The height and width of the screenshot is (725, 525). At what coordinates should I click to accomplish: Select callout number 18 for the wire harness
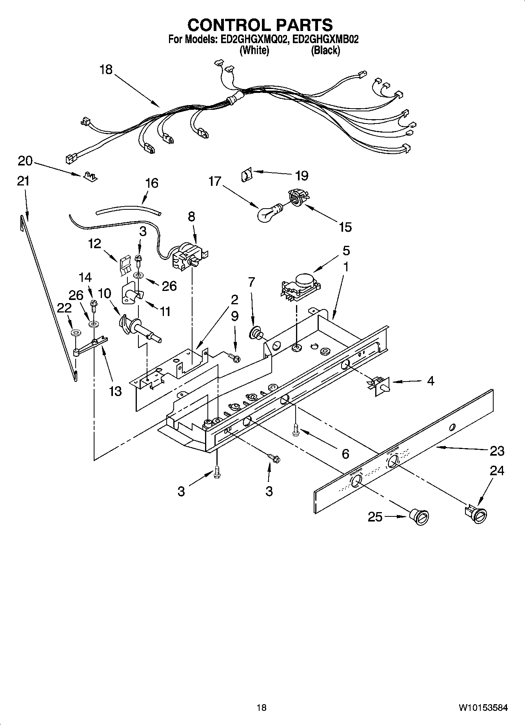[x=105, y=70]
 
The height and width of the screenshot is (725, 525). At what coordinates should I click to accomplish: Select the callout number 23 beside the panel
[x=497, y=451]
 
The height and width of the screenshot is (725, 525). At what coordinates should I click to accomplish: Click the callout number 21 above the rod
[x=23, y=181]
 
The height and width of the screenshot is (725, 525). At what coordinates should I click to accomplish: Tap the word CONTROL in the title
[x=225, y=25]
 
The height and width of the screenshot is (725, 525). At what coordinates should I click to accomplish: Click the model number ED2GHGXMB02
[x=325, y=39]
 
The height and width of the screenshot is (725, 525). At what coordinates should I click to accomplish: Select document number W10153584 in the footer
[x=483, y=707]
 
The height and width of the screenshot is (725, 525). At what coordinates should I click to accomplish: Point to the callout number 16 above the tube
[x=152, y=183]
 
